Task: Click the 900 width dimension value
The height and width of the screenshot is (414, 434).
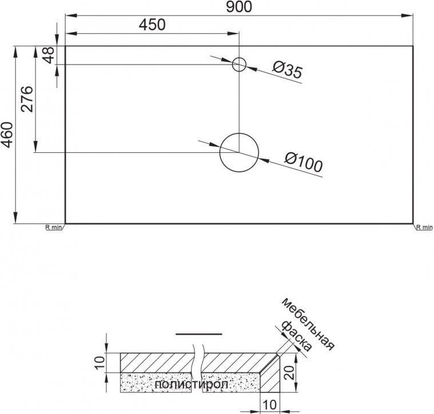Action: click(239, 7)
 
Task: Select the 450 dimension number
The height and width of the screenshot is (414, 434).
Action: click(152, 25)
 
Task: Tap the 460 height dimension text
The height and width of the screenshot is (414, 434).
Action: click(7, 135)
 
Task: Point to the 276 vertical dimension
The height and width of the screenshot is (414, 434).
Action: click(26, 99)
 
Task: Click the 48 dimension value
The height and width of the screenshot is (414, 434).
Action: click(49, 55)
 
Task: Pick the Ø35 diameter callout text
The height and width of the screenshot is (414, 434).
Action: click(287, 69)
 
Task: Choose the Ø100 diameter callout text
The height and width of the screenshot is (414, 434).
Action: click(304, 162)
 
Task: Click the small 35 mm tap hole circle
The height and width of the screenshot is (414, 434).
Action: click(239, 58)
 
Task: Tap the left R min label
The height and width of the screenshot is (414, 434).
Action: click(53, 227)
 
